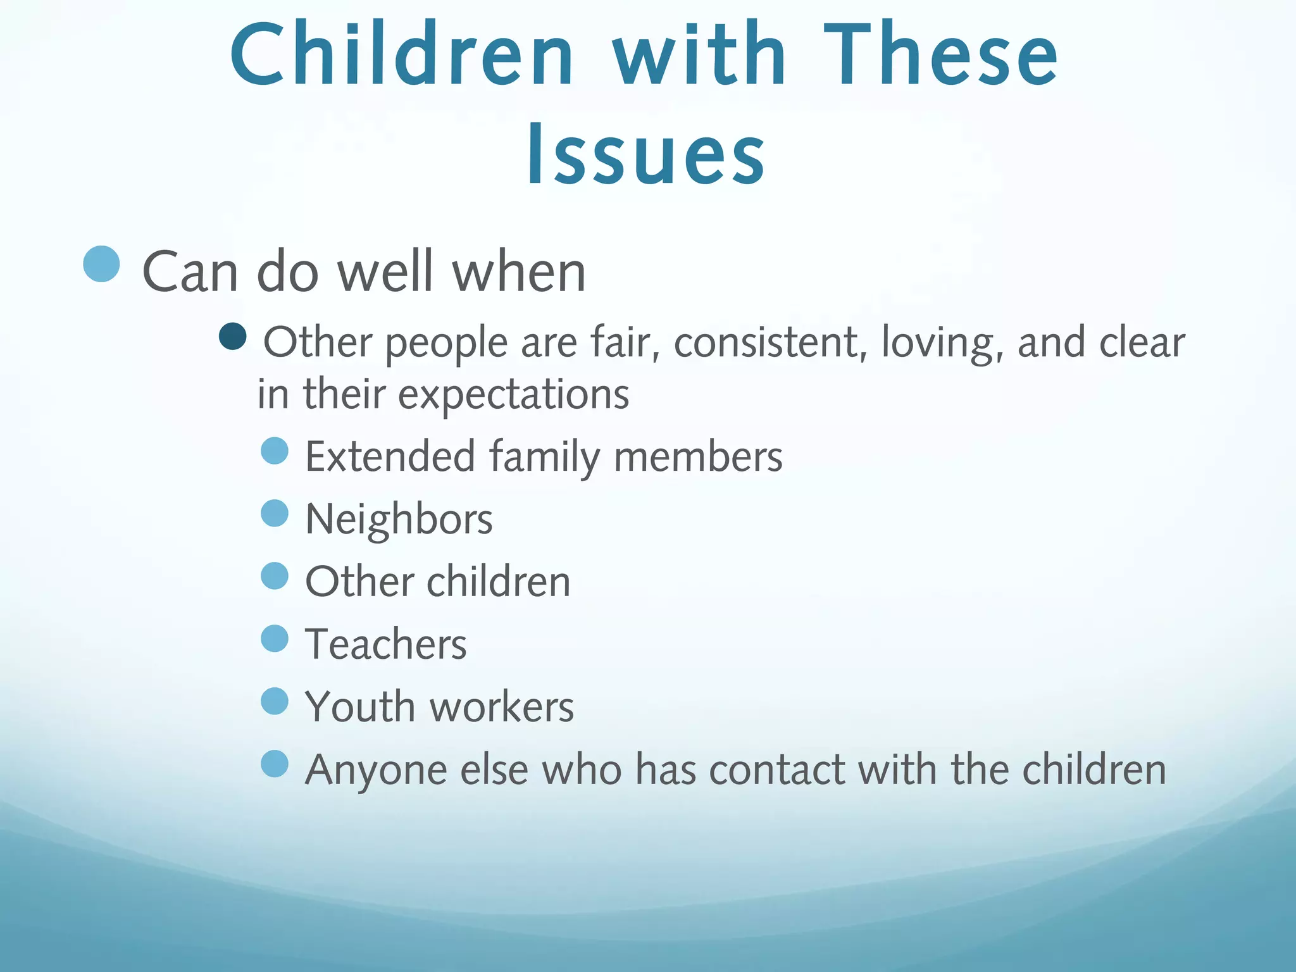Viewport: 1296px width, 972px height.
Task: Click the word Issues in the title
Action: coord(647,155)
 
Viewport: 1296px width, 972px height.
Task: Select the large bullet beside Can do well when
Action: coord(101,264)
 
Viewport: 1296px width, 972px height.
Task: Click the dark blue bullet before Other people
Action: coord(233,337)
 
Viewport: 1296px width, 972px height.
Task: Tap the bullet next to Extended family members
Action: coord(275,451)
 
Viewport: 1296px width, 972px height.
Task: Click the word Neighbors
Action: coord(399,520)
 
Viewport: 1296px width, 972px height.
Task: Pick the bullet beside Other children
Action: coord(275,576)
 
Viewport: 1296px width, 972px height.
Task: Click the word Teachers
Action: coord(386,644)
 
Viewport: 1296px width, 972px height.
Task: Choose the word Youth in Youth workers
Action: coord(359,707)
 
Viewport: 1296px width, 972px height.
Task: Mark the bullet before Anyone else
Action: coord(275,764)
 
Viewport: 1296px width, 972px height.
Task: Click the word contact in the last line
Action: coord(777,770)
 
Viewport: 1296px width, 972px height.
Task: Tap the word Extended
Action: coord(390,456)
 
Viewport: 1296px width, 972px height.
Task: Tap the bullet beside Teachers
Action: coord(275,639)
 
